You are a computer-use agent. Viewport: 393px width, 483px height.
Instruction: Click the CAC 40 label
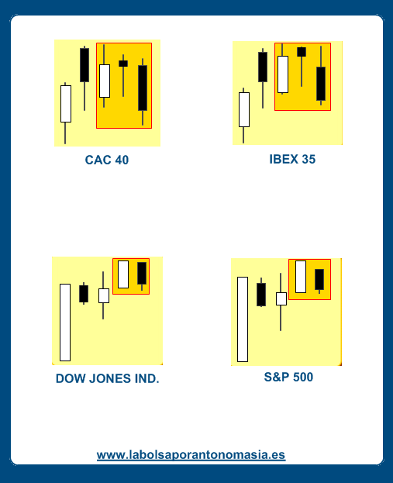click(106, 160)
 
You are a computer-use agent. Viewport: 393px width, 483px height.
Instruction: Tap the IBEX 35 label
click(292, 159)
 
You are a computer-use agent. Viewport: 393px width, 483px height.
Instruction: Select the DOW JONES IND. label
click(108, 378)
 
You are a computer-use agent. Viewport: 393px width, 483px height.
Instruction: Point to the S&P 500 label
click(288, 377)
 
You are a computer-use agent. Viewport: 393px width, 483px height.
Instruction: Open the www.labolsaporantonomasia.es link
click(191, 455)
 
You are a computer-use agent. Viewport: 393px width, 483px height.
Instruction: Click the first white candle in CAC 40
click(66, 104)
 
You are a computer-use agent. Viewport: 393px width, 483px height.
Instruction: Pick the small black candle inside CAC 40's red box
click(123, 64)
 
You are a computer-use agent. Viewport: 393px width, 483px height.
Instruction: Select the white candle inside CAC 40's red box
click(105, 81)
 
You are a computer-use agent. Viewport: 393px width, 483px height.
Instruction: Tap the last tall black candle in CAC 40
click(143, 88)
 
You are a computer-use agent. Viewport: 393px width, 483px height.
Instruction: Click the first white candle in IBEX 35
click(244, 109)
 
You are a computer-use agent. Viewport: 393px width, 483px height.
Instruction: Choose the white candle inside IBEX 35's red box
click(283, 74)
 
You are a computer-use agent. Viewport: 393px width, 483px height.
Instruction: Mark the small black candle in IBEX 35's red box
click(302, 52)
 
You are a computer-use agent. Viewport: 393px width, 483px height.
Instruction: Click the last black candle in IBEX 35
click(321, 84)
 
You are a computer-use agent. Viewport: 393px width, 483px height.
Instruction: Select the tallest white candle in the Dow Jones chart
click(65, 323)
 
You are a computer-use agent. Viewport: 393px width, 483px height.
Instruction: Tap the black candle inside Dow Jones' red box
click(142, 273)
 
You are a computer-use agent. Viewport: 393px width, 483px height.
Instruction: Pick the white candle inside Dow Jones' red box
click(123, 274)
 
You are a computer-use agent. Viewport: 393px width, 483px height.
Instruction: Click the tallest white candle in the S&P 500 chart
click(243, 319)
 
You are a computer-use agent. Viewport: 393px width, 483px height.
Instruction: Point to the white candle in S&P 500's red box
click(301, 277)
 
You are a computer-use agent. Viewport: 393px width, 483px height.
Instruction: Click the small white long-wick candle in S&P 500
click(281, 298)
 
